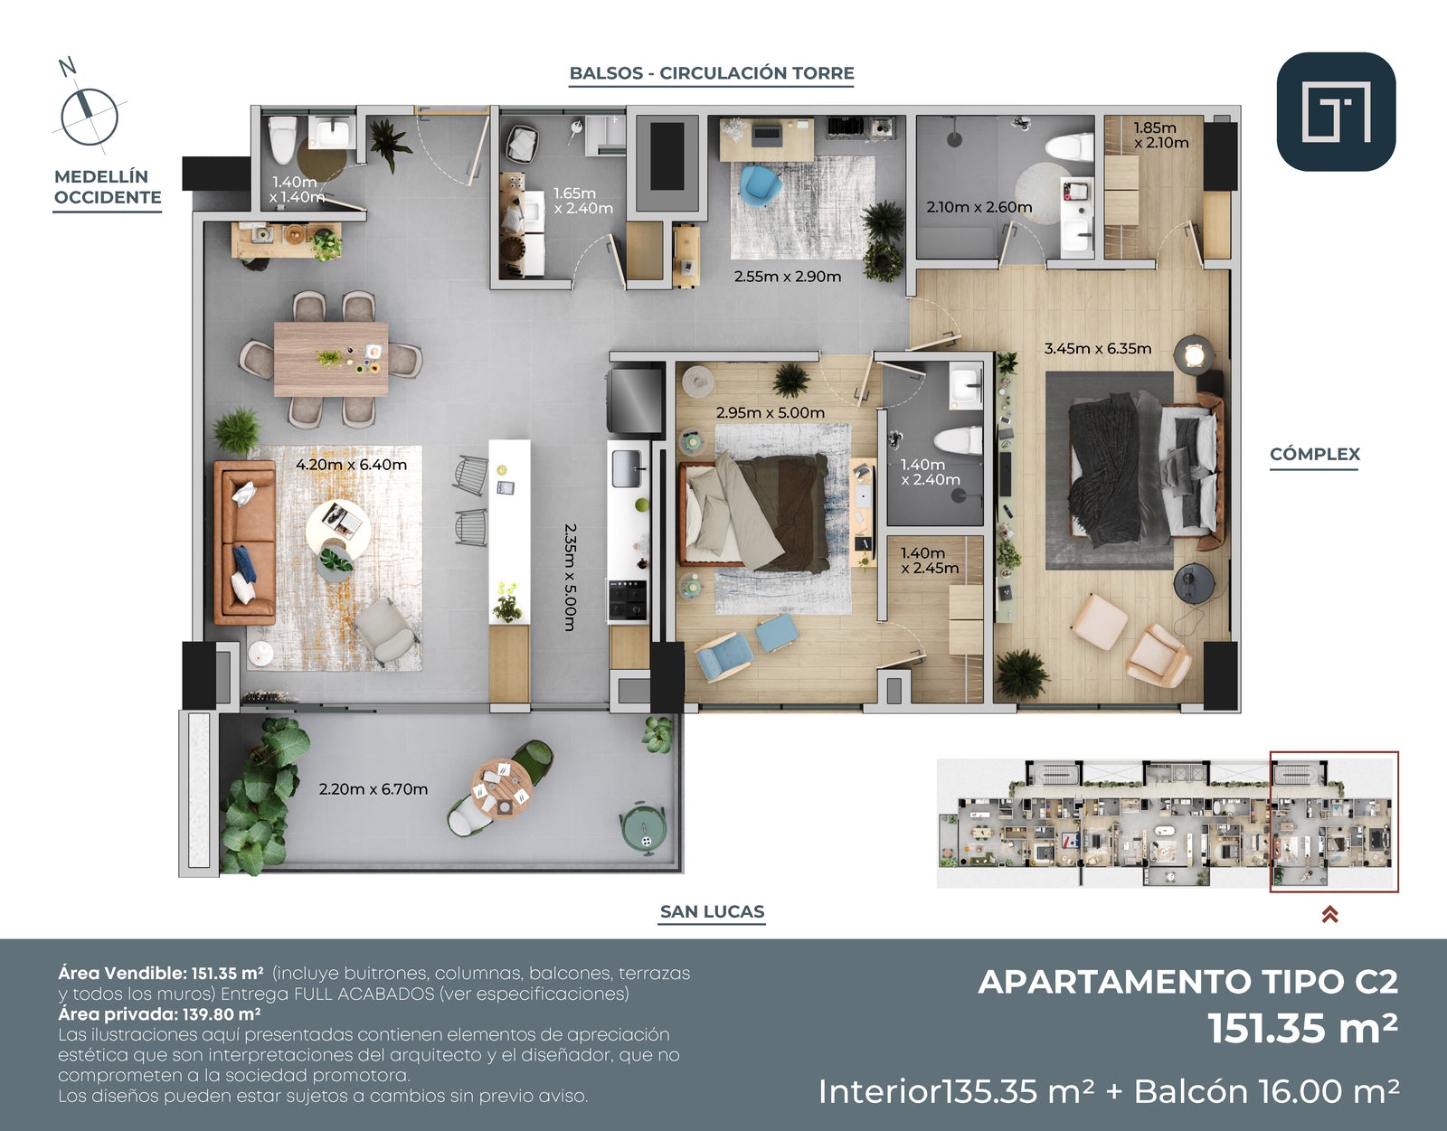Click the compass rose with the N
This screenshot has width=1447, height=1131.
89,115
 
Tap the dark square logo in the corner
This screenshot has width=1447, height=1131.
1336,111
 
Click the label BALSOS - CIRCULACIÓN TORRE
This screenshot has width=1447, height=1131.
712,73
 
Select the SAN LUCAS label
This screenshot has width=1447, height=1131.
712,911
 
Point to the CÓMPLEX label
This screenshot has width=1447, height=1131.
1314,454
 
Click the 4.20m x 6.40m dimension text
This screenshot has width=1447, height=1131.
351,465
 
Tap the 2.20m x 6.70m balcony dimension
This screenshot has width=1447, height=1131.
373,789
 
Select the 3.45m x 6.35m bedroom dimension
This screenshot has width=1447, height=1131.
1098,348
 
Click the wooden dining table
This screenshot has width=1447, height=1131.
331,359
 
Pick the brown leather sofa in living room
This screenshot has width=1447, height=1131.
243,542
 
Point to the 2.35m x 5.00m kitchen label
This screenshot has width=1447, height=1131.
569,577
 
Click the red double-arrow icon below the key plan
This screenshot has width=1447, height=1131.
1329,914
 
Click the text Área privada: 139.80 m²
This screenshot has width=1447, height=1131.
159,1014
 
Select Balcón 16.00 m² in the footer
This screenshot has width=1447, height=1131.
1266,1091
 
